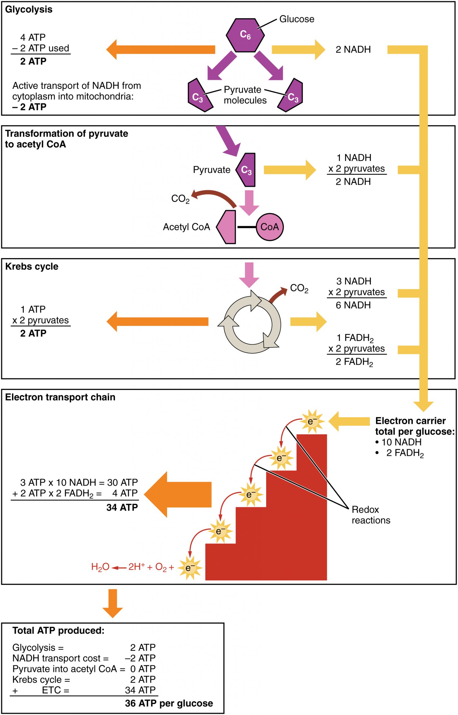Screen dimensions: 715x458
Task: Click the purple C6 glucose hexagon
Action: coord(245,35)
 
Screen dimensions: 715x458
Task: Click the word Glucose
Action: coord(297,19)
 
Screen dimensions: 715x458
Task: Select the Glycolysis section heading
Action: coord(28,9)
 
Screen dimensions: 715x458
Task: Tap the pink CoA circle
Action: coord(269,227)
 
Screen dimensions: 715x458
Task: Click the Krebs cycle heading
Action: coord(32,266)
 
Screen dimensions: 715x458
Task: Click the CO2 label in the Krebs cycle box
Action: coord(299,288)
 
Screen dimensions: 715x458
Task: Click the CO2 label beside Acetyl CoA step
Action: coord(180,199)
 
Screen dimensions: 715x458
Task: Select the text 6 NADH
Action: coord(353,305)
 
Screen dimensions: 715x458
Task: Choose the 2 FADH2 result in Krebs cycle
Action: coord(354,362)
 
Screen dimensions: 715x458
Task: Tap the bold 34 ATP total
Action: coord(122,507)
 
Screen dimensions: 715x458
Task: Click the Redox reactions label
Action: coord(371,515)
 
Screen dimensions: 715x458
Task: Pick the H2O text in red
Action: coord(100,567)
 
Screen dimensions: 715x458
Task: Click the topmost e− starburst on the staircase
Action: coord(312,421)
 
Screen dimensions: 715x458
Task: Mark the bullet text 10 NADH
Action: coord(401,442)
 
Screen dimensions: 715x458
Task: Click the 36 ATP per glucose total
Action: coord(169,704)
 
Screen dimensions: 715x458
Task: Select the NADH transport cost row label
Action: coord(60,658)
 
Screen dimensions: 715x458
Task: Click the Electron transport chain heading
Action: coord(60,397)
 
